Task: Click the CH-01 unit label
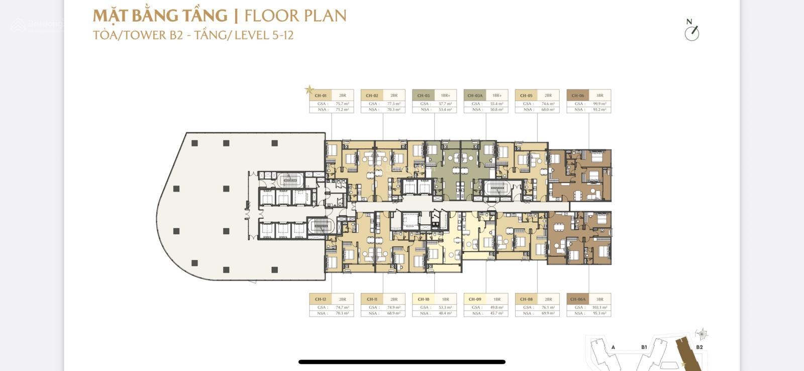(x=321, y=96)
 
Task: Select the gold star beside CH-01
(x=310, y=90)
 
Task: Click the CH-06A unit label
(x=578, y=299)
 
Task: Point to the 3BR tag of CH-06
(x=599, y=96)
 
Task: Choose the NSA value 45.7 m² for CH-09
(x=496, y=313)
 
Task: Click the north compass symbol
(x=692, y=31)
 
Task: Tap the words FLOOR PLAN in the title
(x=295, y=16)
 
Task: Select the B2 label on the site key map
(x=699, y=347)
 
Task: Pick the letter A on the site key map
(x=613, y=347)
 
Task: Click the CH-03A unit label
(x=475, y=96)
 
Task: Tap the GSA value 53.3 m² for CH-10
(x=445, y=307)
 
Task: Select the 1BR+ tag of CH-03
(x=445, y=96)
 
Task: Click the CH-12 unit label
(x=321, y=299)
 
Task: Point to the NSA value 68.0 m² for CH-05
(x=548, y=109)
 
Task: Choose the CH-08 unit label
(x=526, y=299)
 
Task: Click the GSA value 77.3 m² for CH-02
(x=393, y=104)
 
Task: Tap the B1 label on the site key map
(x=644, y=347)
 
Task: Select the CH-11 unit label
(x=372, y=299)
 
